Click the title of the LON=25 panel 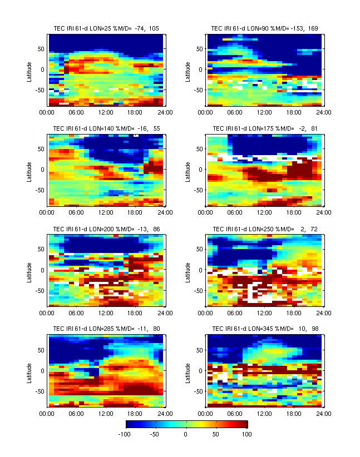pos(106,28)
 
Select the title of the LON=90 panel pos(264,28)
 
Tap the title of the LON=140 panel pos(106,128)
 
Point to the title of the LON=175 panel pos(264,128)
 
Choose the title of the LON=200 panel pos(106,229)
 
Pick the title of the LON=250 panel pos(264,229)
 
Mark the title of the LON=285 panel pos(106,329)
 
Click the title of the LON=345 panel pos(264,329)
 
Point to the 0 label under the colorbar pos(185,434)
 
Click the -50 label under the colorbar pos(155,434)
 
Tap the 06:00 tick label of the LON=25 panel pos(76,112)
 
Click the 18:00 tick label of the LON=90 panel pos(293,112)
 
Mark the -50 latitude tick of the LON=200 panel pos(40,290)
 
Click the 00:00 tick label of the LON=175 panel pos(206,212)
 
